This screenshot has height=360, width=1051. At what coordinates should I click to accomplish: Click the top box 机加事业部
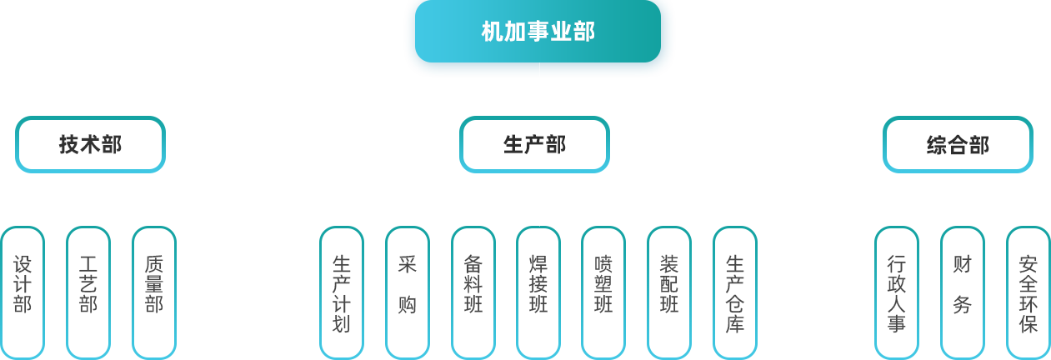(x=538, y=32)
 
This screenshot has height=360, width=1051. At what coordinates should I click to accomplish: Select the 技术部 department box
(x=90, y=144)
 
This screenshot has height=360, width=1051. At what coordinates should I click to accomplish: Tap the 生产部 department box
(x=534, y=144)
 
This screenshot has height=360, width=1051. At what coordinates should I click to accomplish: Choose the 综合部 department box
(x=958, y=144)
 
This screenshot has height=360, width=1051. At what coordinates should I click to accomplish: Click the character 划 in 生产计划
(x=342, y=324)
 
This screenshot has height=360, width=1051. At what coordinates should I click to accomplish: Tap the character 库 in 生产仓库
(x=735, y=324)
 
